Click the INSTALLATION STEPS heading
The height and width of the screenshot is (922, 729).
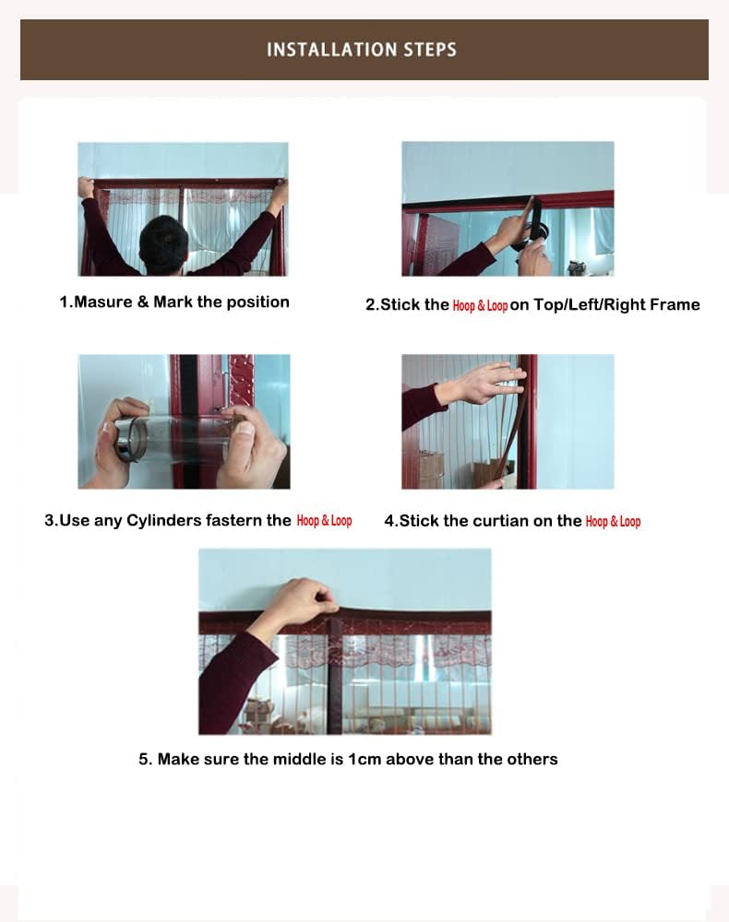[x=362, y=49]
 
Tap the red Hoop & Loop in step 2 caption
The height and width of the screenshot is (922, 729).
[x=480, y=305]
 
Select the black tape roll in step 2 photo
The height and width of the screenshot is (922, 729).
[x=533, y=230]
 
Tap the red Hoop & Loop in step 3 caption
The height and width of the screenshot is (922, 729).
[x=324, y=521]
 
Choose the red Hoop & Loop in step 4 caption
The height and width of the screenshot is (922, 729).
[x=613, y=522]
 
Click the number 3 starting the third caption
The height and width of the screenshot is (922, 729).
[x=49, y=521]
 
